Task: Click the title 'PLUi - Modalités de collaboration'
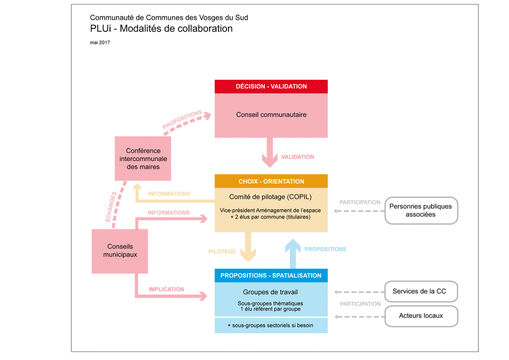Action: click(x=160, y=29)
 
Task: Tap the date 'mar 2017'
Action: click(x=100, y=44)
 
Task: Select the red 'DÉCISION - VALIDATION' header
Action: click(x=272, y=87)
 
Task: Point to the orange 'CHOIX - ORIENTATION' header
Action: click(x=272, y=180)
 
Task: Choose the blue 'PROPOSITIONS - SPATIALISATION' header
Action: click(x=272, y=274)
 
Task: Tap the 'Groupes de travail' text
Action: click(x=272, y=291)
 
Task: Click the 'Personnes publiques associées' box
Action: click(x=421, y=209)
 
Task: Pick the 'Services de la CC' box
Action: click(x=421, y=290)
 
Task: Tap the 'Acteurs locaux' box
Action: click(x=421, y=316)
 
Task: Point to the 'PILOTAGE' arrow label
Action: click(x=222, y=251)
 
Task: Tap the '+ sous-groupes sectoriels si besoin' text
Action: click(x=272, y=325)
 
